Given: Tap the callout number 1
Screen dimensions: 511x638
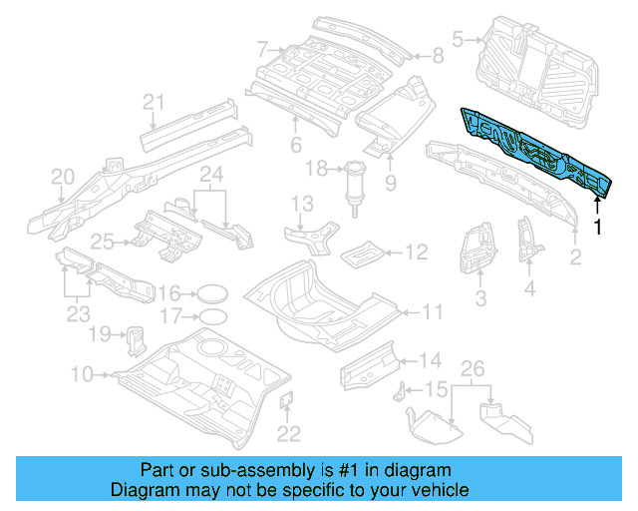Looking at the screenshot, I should (x=598, y=228).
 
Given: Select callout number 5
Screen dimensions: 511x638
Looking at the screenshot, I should (x=459, y=40).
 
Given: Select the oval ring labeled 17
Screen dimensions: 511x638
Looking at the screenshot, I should (x=211, y=317).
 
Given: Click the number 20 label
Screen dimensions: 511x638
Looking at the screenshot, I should (x=63, y=177).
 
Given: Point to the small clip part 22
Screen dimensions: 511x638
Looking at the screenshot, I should (x=285, y=401).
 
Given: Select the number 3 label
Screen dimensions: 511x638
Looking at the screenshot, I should (x=479, y=297).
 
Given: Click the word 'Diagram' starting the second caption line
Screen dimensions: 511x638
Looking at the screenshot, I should (x=142, y=490).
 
